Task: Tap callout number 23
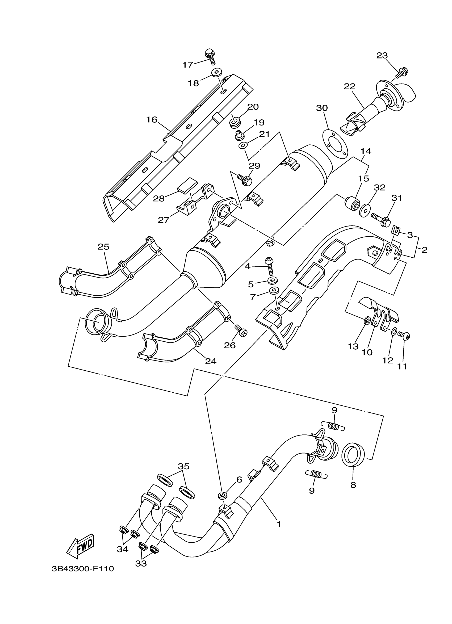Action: point(382,56)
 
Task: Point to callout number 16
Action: point(152,120)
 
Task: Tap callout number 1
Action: point(279,524)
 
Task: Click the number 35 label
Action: point(184,466)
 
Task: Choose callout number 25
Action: point(103,246)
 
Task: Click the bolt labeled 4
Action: point(270,265)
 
